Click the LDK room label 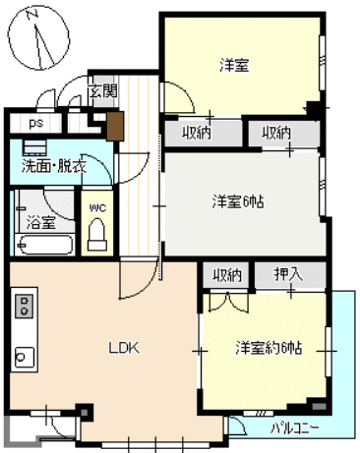124,347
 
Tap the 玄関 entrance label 102,91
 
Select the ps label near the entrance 35,124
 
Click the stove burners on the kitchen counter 25,307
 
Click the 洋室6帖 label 239,202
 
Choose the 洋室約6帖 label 267,348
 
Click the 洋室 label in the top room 233,67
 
